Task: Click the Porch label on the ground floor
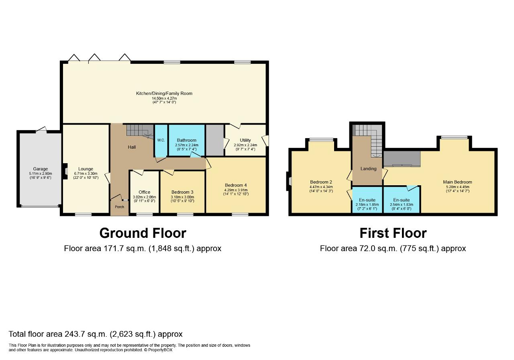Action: click(x=119, y=207)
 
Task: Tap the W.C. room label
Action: click(x=161, y=140)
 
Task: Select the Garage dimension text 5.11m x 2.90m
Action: click(x=41, y=174)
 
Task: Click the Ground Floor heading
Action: click(x=143, y=233)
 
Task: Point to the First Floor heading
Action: click(x=393, y=233)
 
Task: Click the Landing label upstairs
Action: click(x=368, y=169)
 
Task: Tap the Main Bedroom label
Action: click(x=457, y=182)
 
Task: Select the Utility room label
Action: click(x=245, y=140)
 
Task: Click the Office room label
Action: click(x=144, y=192)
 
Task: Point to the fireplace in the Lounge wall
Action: click(x=65, y=171)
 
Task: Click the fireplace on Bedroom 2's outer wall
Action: click(x=289, y=181)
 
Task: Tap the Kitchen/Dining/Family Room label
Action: click(x=164, y=94)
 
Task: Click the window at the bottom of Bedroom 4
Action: click(x=240, y=215)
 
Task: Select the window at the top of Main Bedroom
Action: click(x=454, y=137)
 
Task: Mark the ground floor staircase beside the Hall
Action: click(x=140, y=131)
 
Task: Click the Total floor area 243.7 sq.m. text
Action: click(x=96, y=334)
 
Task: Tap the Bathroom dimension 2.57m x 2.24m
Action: click(x=187, y=145)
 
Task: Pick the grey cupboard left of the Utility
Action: click(x=215, y=140)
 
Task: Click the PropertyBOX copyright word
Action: click(x=160, y=350)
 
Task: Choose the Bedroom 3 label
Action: click(x=182, y=192)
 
